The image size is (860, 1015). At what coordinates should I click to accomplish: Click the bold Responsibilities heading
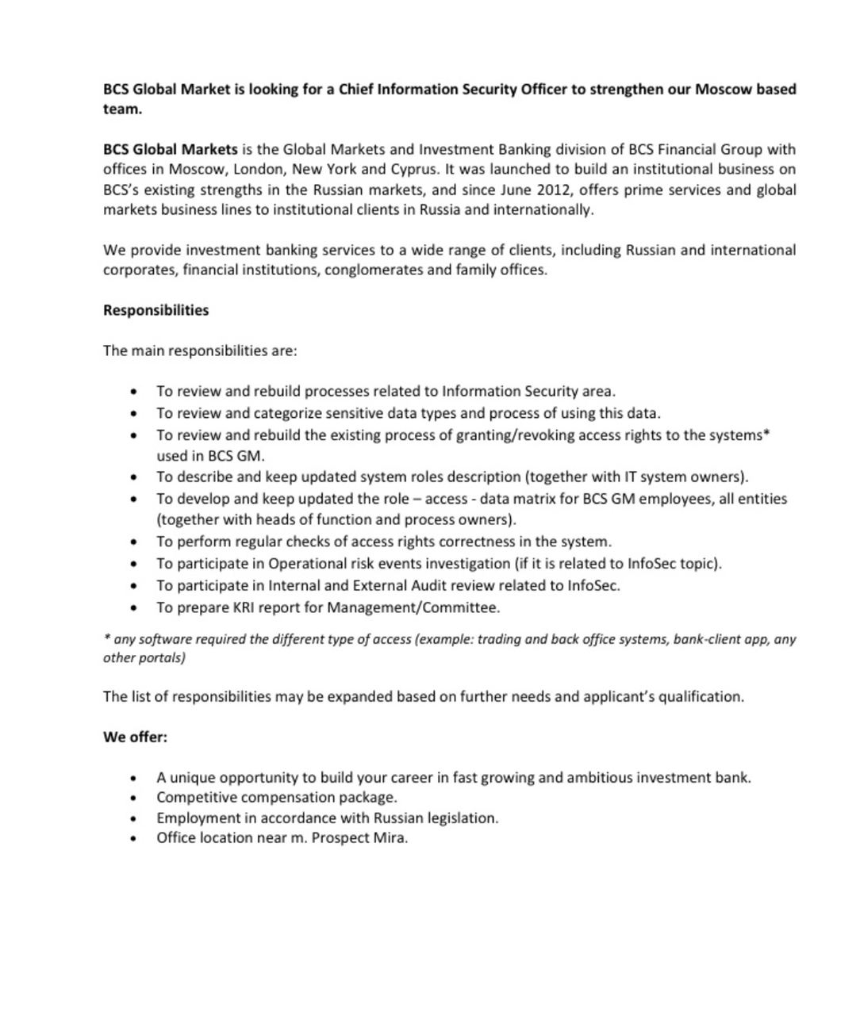(155, 310)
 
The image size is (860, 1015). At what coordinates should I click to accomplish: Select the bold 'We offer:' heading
(135, 737)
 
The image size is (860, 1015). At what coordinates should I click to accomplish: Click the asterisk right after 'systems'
(767, 433)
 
